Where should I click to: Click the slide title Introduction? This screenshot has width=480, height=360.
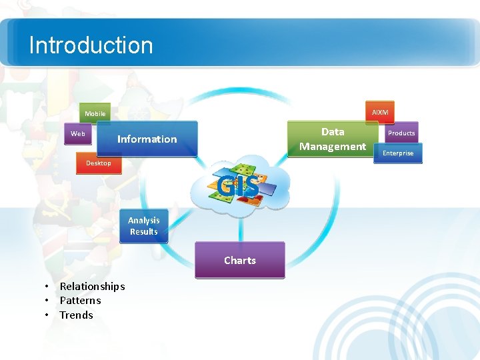(91, 45)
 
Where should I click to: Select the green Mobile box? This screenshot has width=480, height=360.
(94, 114)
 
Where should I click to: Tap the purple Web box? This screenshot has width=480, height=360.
(78, 134)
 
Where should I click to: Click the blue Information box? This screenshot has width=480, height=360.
(147, 139)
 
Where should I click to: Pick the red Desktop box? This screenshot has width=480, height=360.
(99, 163)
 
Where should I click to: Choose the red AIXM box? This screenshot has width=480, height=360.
(379, 112)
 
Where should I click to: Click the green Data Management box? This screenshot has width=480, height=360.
(332, 139)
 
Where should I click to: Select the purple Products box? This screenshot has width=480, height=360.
(401, 133)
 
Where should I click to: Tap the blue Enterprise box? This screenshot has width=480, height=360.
(397, 153)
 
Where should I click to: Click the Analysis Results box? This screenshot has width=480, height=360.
(143, 226)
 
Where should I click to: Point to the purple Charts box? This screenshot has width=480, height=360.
(239, 260)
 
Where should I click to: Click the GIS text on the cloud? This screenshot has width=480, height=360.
(237, 187)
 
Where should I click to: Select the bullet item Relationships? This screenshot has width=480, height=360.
(92, 286)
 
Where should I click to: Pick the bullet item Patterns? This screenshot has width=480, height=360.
(80, 301)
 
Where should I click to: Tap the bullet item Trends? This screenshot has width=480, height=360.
(76, 315)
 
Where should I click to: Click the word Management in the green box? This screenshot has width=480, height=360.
(332, 147)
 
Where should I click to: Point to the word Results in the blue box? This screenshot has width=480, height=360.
(143, 232)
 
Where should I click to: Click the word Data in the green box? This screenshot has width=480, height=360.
(332, 132)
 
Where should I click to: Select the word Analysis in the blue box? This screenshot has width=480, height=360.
(143, 221)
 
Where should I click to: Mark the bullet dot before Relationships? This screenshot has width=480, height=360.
(46, 287)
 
